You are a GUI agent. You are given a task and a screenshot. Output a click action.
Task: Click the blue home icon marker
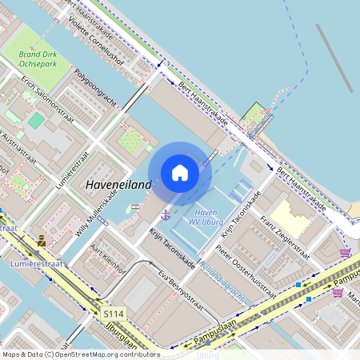click(x=180, y=173)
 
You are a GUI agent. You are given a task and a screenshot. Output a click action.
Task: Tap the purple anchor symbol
click(x=166, y=214)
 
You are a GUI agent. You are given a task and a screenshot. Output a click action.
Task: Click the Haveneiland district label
click(x=118, y=184)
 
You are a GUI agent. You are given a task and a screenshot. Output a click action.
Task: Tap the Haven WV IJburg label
click(x=206, y=217)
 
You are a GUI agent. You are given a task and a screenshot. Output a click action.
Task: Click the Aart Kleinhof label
click(x=109, y=259)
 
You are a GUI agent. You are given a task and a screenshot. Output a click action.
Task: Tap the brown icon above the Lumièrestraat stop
click(x=41, y=239)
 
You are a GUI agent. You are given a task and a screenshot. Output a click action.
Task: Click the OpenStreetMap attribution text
click(x=80, y=354)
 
